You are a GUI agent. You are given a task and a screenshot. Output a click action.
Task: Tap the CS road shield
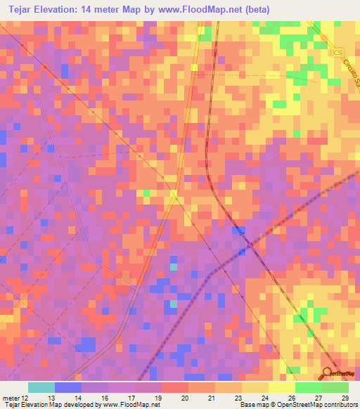[x=337, y=53]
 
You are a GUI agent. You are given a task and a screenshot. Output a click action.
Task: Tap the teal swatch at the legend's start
[x=41, y=387]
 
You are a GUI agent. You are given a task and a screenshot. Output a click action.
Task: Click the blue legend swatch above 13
[x=68, y=387]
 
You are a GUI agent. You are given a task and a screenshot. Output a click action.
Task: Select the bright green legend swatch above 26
[x=308, y=387]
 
